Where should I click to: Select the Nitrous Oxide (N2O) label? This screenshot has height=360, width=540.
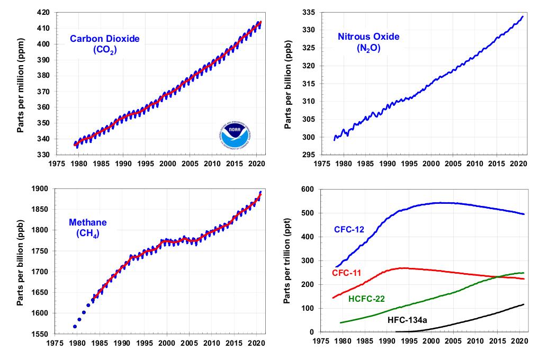(x=368, y=42)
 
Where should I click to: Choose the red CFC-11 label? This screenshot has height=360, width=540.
(x=346, y=273)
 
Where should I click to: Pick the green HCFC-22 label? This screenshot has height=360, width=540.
(x=367, y=299)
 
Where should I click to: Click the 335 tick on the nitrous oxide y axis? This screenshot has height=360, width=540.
(x=308, y=12)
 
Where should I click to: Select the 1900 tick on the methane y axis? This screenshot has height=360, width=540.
(x=41, y=188)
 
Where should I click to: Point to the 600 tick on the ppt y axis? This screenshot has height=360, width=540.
(x=308, y=189)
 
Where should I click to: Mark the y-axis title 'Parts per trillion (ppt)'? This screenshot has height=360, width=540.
(x=287, y=260)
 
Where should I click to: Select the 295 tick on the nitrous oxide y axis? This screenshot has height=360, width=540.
(x=308, y=155)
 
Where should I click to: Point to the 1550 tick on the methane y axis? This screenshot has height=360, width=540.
(x=41, y=334)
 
